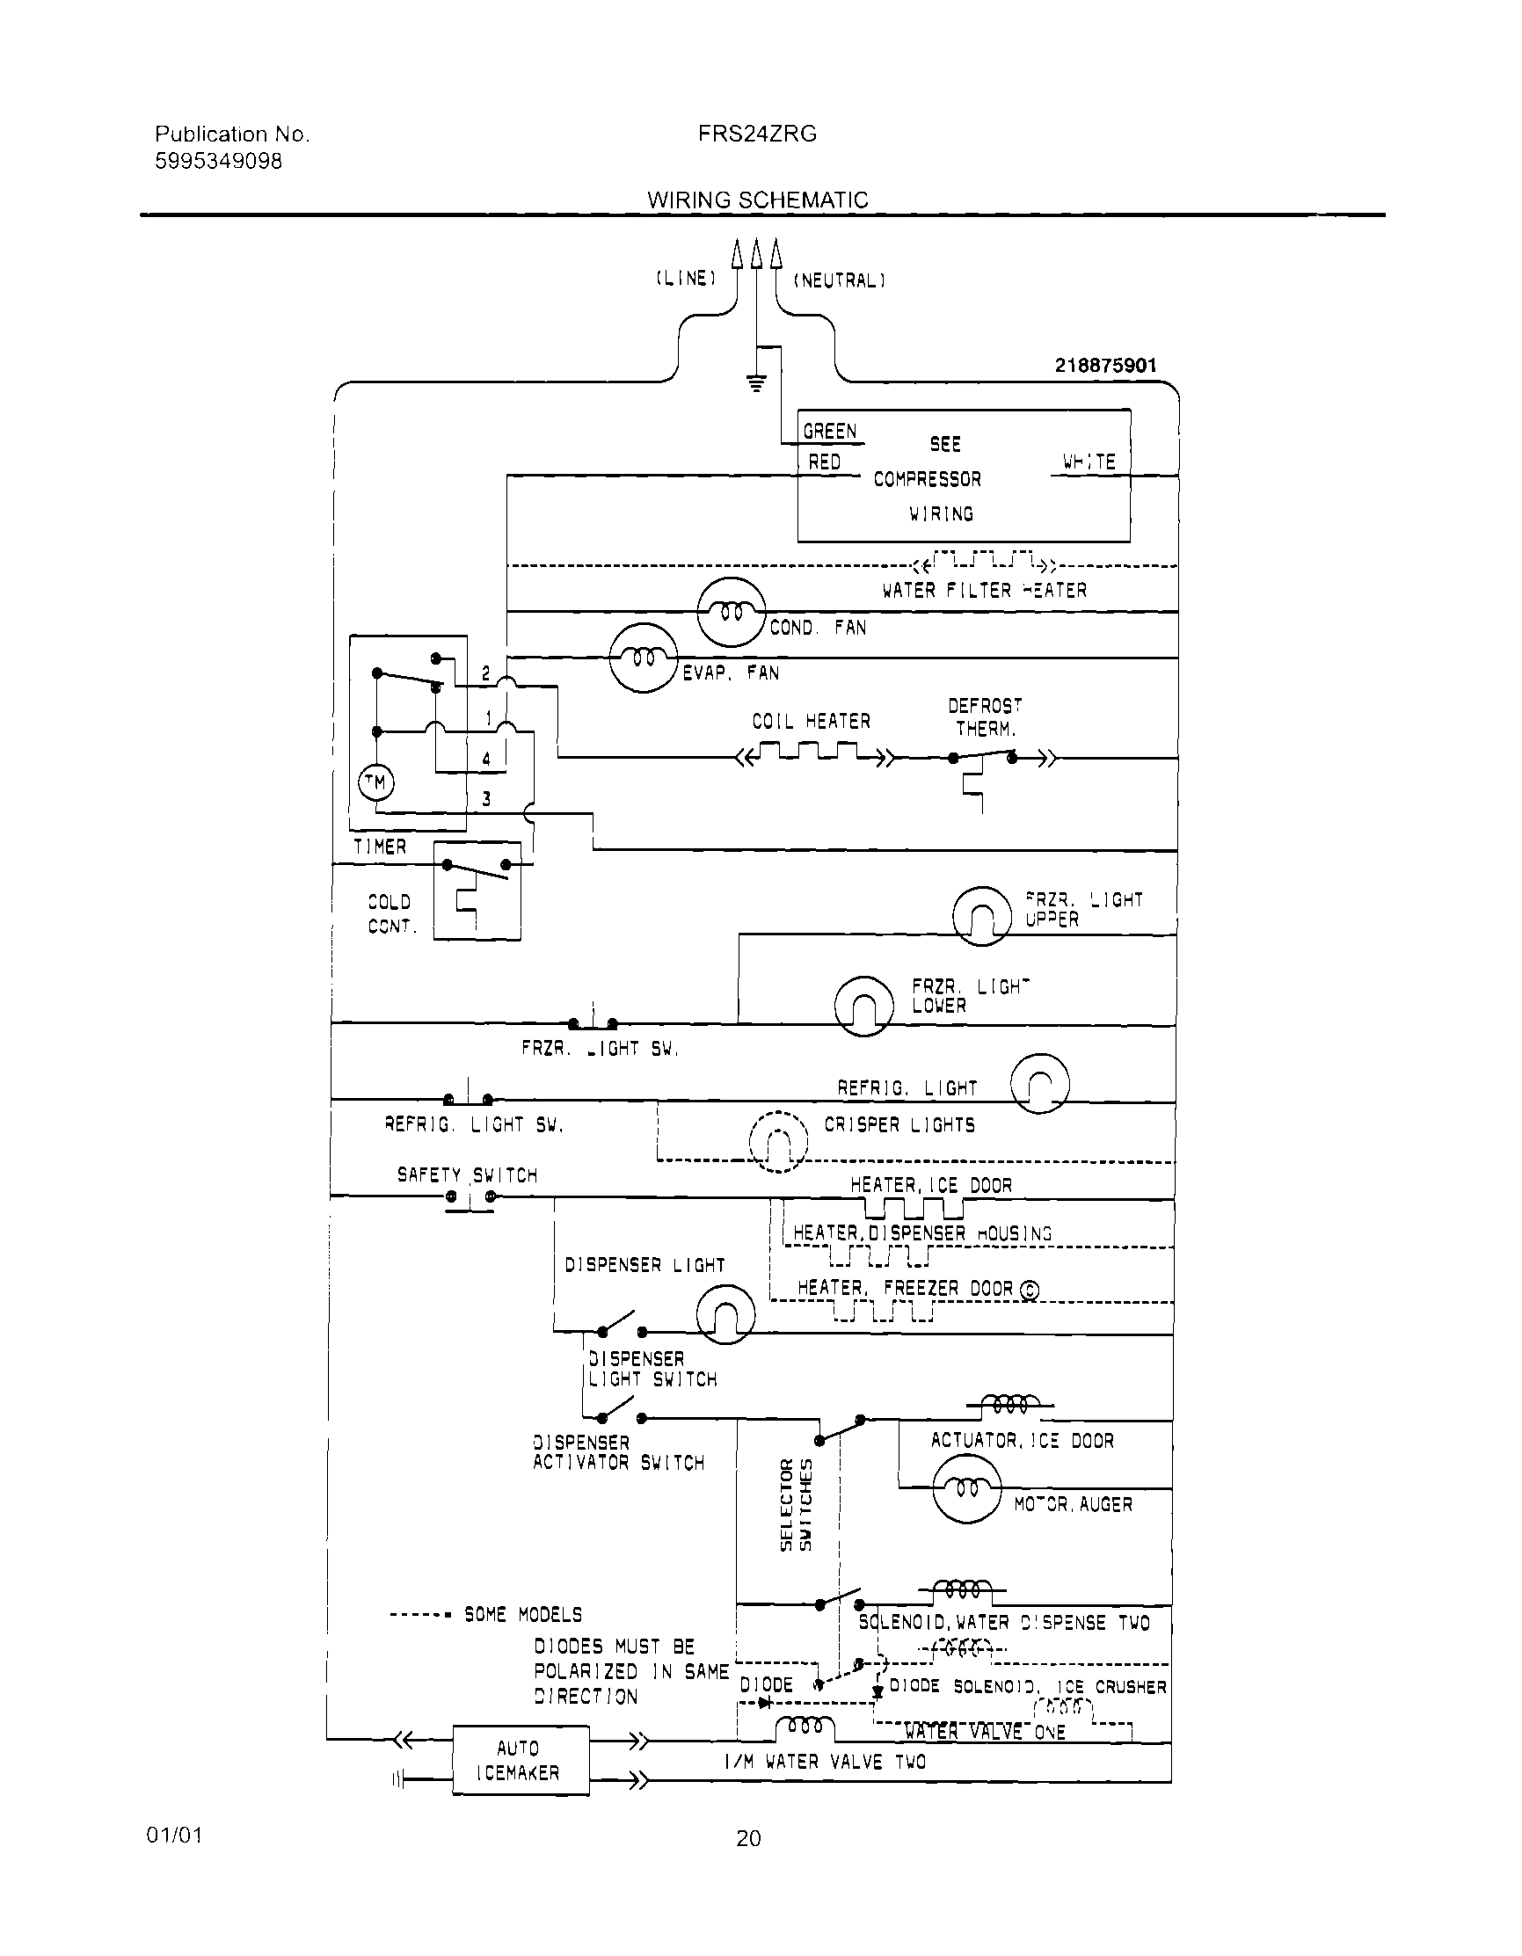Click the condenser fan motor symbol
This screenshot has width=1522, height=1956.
pos(731,612)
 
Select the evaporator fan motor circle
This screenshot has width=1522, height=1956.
pos(644,658)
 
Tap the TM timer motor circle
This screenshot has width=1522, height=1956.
pos(375,782)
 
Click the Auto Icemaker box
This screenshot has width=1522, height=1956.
pos(521,1760)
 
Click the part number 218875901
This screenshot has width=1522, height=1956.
pos(1105,365)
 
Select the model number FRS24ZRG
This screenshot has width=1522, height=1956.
pos(757,135)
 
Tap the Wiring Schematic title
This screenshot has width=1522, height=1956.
pos(757,200)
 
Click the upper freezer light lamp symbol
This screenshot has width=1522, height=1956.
pos(982,915)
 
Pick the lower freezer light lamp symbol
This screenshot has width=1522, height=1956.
pos(863,1005)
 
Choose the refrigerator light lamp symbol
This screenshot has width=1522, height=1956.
pos(1039,1083)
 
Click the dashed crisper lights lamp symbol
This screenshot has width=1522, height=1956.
pos(777,1141)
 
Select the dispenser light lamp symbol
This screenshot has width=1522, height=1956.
pos(725,1314)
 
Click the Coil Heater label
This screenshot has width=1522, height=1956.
pos(811,721)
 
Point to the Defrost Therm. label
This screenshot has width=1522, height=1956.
pos(986,717)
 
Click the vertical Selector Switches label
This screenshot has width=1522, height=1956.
pos(796,1504)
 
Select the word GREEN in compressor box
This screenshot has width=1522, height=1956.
pos(829,432)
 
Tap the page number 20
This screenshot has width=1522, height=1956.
pos(748,1839)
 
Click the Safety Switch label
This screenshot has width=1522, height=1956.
pos(467,1175)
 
